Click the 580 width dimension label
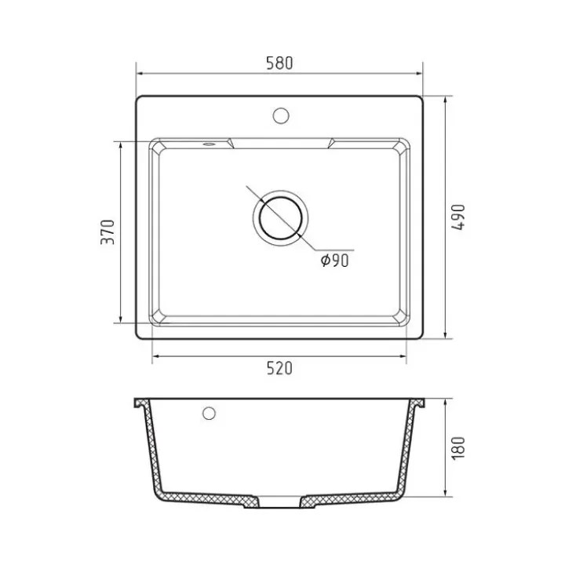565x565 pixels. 279,63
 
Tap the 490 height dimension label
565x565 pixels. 458,217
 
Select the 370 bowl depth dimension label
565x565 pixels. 108,232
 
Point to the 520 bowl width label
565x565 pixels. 279,368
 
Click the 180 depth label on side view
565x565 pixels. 458,448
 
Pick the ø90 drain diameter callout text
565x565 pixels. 335,261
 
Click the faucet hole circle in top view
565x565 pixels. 281,115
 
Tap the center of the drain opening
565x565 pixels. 280,218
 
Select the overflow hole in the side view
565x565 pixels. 209,414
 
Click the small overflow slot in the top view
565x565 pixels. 209,144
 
